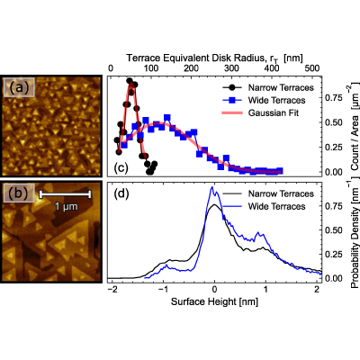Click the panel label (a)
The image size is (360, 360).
(19, 87)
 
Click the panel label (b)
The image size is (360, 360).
(20, 193)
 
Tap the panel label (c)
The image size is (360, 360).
(121, 167)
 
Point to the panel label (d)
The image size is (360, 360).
(121, 193)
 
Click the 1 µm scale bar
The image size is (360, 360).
(65, 194)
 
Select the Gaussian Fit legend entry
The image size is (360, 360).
(260, 112)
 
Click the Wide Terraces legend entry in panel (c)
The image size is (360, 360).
(265, 100)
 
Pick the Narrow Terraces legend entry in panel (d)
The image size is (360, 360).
(268, 193)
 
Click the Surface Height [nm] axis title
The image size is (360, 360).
(214, 301)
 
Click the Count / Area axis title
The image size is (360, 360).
(355, 126)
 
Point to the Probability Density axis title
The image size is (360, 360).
(355, 232)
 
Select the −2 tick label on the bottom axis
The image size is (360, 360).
(112, 290)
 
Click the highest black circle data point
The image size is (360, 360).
(130, 81)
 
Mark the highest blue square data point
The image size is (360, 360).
(167, 118)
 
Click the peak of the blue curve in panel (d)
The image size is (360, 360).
(211, 187)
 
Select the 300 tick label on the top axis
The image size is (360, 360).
(231, 68)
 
